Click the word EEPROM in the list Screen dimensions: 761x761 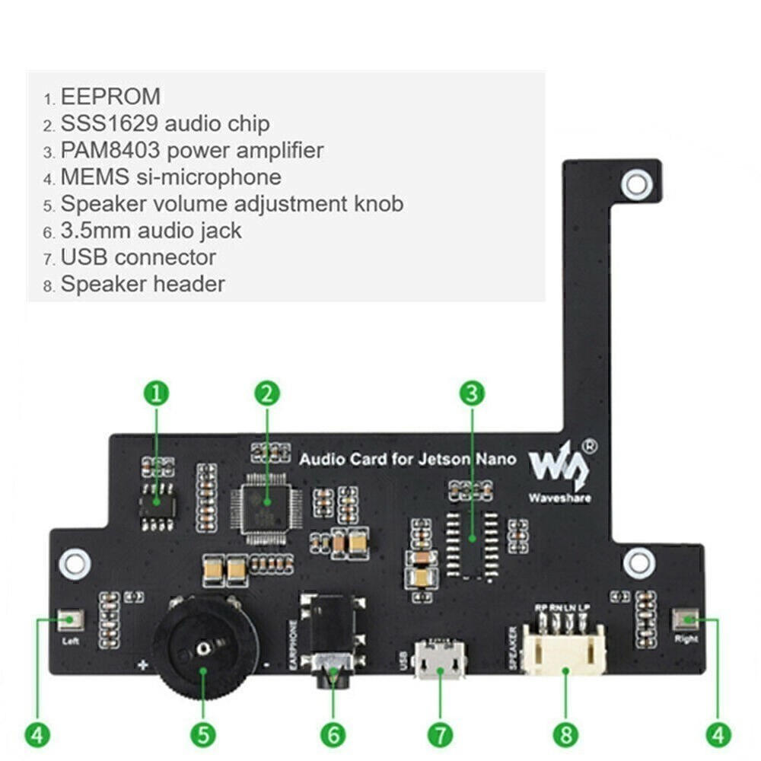(110, 97)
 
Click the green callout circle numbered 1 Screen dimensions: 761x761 (156, 393)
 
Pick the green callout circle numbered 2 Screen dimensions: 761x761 (266, 393)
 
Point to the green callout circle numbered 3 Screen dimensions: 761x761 (472, 393)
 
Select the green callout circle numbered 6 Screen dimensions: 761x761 (333, 734)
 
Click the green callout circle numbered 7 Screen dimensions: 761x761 (440, 734)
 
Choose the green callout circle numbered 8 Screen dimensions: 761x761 (565, 734)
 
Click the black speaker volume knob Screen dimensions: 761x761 (204, 647)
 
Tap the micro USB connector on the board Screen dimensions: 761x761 (439, 660)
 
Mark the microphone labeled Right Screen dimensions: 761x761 (686, 619)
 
